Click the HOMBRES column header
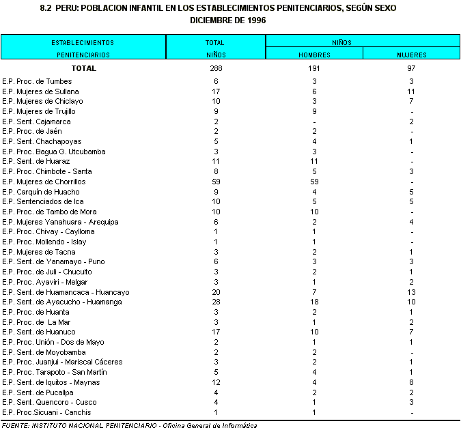click(x=314, y=54)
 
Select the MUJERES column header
click(x=411, y=54)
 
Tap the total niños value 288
click(x=216, y=68)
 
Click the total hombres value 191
click(x=314, y=68)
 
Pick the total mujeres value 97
click(x=411, y=68)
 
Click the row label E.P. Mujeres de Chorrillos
click(x=44, y=182)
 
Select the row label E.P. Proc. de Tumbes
click(x=37, y=81)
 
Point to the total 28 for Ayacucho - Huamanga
click(x=216, y=302)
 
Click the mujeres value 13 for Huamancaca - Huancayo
click(x=411, y=292)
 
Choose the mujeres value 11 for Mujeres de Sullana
click(x=411, y=91)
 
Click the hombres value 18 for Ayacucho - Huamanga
click(x=314, y=302)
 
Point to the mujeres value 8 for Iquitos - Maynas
click(x=411, y=382)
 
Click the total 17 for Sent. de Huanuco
click(x=216, y=332)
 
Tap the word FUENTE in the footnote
click(x=16, y=425)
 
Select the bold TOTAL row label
click(x=84, y=68)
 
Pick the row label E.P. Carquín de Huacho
click(x=42, y=192)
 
